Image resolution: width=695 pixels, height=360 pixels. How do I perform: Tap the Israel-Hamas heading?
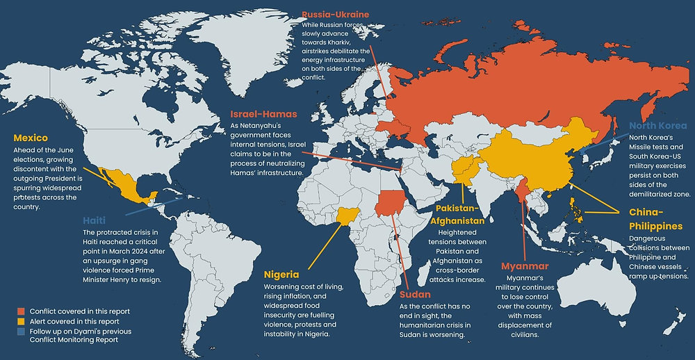(x=264, y=113)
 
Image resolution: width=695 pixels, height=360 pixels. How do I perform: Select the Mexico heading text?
(x=31, y=138)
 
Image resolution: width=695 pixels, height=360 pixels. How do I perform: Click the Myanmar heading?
(x=525, y=266)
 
